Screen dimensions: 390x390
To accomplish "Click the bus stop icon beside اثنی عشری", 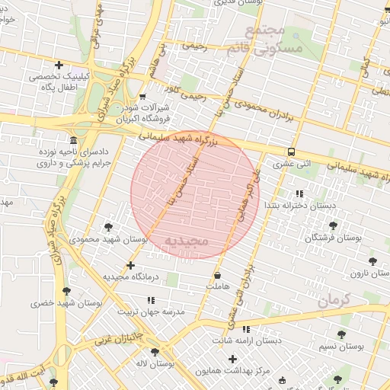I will click(x=292, y=151).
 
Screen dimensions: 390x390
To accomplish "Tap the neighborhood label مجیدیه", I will click(x=186, y=241).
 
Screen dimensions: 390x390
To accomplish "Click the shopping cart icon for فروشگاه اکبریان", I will click(x=142, y=97).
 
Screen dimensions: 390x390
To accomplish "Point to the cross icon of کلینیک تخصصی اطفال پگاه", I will click(x=59, y=65).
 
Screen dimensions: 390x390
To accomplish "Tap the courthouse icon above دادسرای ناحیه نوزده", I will click(x=73, y=141).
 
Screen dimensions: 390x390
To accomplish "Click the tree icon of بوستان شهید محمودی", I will click(x=108, y=226).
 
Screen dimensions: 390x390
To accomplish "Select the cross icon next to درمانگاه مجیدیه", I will click(x=131, y=265).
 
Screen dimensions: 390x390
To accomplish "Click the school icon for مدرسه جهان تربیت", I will click(x=151, y=300).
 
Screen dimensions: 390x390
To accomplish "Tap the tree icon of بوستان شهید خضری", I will click(x=66, y=291).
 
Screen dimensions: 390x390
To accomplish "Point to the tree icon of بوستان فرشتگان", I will click(x=333, y=225).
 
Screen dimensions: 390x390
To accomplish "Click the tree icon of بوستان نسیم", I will click(x=339, y=334).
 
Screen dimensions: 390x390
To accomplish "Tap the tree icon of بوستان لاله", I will click(x=155, y=352).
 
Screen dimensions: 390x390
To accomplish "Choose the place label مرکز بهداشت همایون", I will click(x=232, y=370).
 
